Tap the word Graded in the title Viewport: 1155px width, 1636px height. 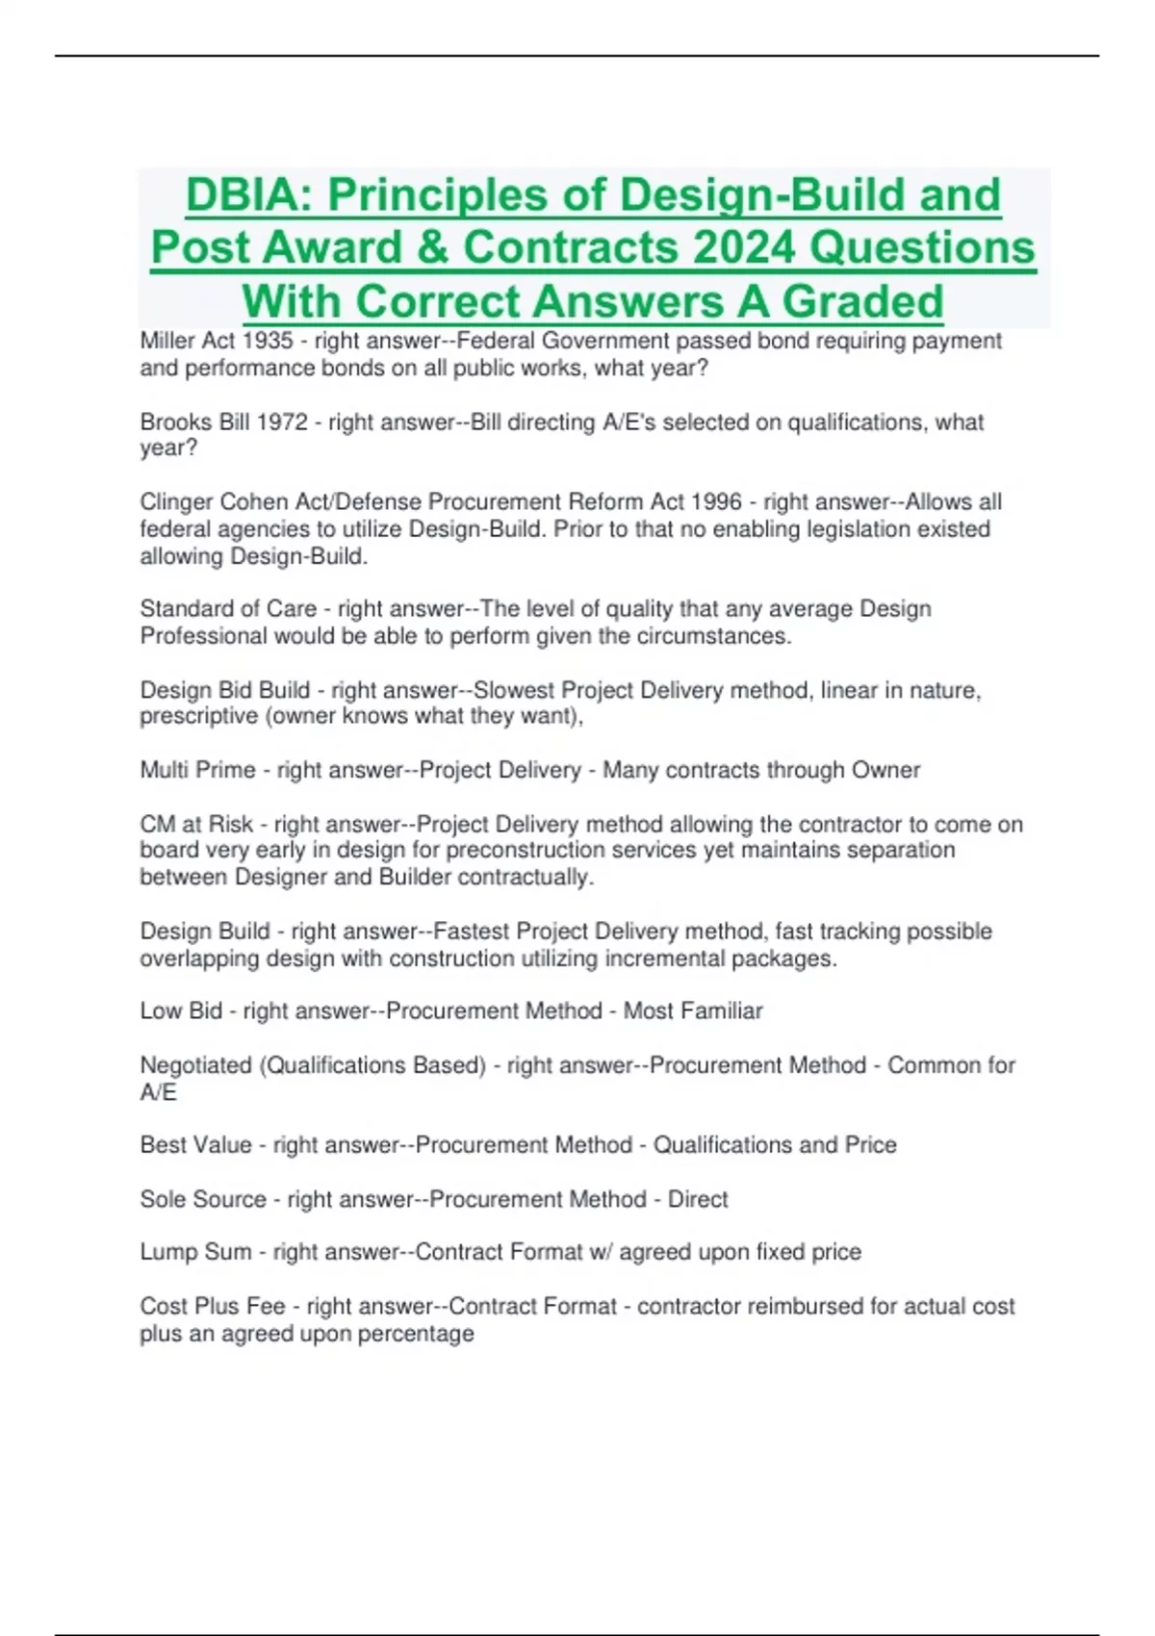click(x=862, y=301)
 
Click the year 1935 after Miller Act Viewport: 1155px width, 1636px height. click(x=268, y=341)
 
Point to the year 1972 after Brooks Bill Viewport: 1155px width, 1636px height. click(x=281, y=422)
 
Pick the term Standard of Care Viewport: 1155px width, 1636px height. click(x=228, y=609)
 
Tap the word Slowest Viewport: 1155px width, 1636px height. click(x=513, y=691)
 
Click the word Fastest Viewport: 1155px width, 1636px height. click(x=471, y=932)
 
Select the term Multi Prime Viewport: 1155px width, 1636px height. click(x=197, y=771)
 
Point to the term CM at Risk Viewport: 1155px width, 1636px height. click(x=196, y=825)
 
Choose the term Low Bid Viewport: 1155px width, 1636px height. click(x=181, y=1011)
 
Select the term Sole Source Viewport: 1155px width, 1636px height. click(x=203, y=1200)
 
